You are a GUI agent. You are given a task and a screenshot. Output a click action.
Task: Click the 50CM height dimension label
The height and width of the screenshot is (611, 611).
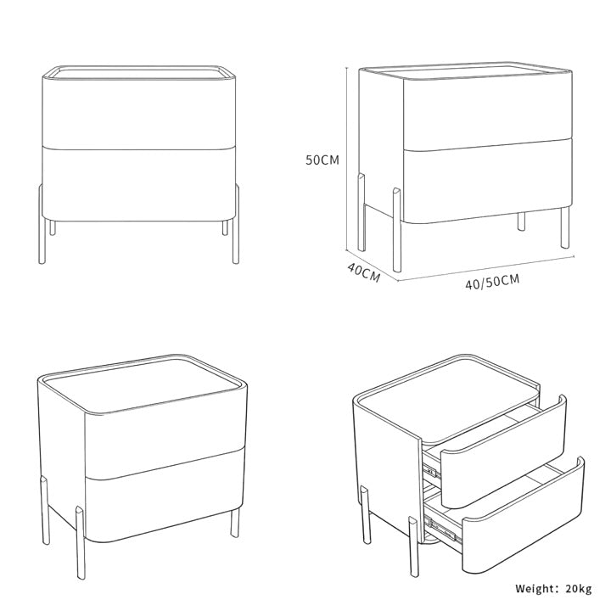pyautogui.click(x=322, y=160)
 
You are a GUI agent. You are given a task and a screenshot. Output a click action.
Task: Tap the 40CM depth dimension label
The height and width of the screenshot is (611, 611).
pyautogui.click(x=364, y=272)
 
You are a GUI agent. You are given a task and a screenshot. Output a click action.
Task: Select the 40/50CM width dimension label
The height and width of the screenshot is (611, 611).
pyautogui.click(x=492, y=282)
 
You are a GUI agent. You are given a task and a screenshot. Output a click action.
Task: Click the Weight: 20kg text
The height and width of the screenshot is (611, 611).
pyautogui.click(x=553, y=588)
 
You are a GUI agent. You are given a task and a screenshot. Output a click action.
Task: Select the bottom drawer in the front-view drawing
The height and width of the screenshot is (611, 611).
pyautogui.click(x=138, y=184)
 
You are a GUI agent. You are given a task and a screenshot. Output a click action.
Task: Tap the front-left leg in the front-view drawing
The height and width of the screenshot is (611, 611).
pyautogui.click(x=42, y=224)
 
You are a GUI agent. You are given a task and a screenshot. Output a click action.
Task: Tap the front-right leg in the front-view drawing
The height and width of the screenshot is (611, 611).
pyautogui.click(x=236, y=224)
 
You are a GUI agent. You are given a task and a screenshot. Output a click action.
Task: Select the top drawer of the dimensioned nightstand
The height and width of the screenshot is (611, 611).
pyautogui.click(x=488, y=113)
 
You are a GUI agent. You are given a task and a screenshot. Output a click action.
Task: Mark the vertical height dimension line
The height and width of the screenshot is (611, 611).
pyautogui.click(x=346, y=158)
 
